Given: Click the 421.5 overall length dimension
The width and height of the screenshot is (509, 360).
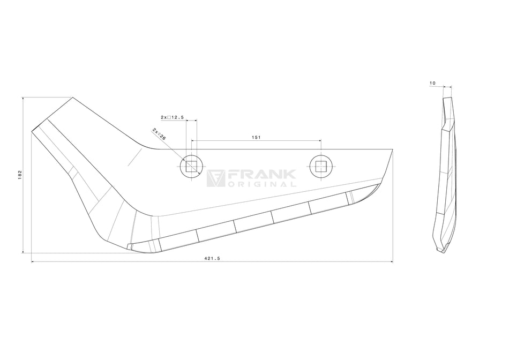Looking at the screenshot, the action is coord(212,258).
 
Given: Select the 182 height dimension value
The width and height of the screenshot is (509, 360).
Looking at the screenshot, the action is coord(20,175).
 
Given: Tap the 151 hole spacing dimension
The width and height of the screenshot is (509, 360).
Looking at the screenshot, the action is coord(256,137).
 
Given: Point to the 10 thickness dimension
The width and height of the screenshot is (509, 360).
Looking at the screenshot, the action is coord(432,84).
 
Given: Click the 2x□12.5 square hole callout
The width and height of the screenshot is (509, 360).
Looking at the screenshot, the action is coord(172,117).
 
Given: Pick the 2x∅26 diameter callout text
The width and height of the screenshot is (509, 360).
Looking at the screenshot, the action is coord(159,134).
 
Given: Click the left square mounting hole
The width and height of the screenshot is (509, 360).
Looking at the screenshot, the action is coord(191,167).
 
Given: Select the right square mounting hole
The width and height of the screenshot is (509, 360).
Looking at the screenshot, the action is coord(321,167).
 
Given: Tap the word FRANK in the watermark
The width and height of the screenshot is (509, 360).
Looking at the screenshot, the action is coord(261,174).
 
